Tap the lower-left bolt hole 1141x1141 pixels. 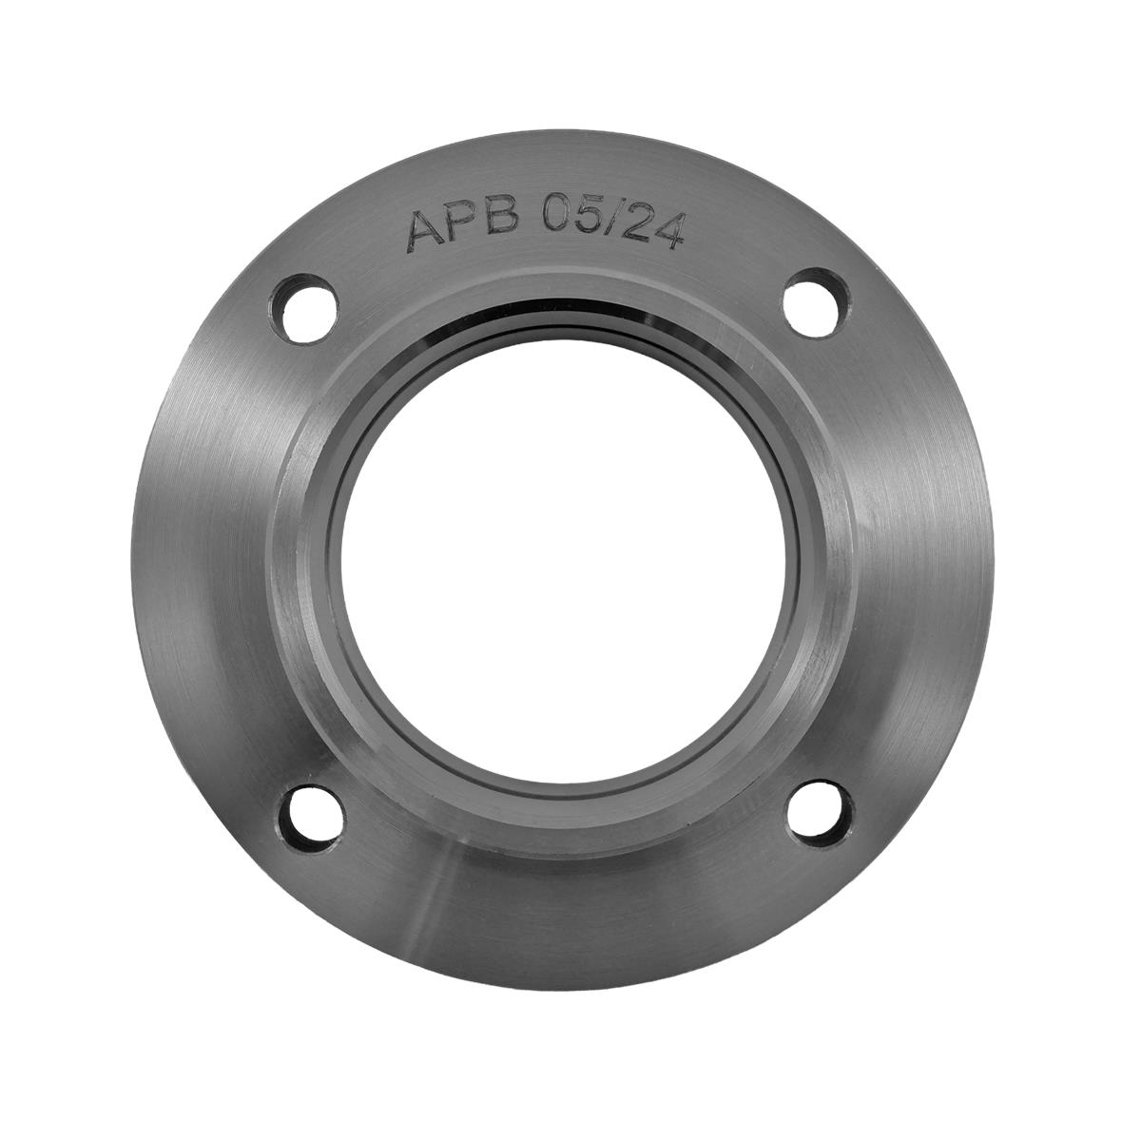[311, 819]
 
